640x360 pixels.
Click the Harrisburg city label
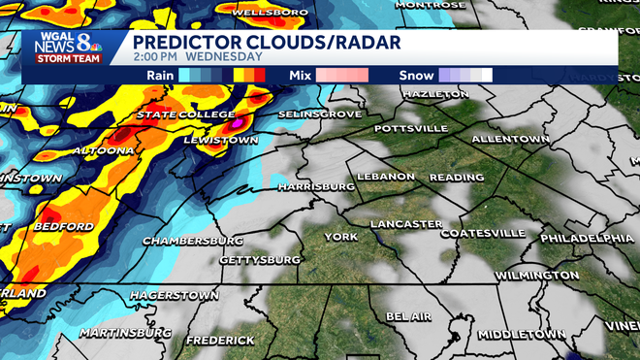[x=315, y=184]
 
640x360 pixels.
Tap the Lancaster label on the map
[x=406, y=224]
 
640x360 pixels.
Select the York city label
[x=340, y=236]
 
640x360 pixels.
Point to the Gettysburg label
[x=260, y=260]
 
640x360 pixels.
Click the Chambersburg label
[x=192, y=240]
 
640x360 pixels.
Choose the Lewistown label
[x=221, y=141]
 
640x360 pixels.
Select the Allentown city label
[x=510, y=140]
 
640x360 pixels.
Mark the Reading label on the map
[x=456, y=178]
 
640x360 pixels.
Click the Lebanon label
[x=385, y=177]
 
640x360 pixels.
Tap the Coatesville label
[x=483, y=234]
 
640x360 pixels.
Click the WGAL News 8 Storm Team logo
[x=65, y=48]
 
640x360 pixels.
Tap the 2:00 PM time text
[x=156, y=55]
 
